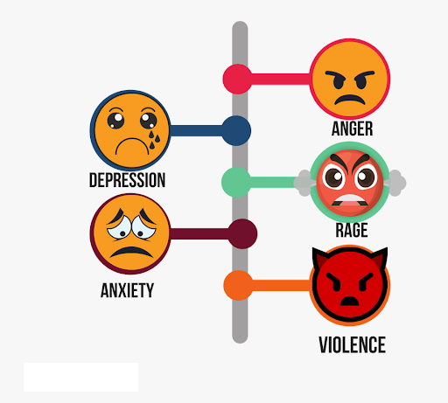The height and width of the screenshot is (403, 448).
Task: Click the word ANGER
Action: pos(352,129)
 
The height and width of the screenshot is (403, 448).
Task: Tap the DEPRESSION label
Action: pos(127,180)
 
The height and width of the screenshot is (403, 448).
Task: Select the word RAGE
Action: pos(352,230)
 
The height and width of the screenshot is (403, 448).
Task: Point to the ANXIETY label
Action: pos(127,290)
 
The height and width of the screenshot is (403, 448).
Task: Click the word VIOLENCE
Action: pos(352,344)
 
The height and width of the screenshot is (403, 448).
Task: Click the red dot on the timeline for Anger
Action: pos(237,79)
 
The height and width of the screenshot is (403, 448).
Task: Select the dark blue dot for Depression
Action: pos(236,130)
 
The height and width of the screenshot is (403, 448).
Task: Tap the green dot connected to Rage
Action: pos(236,182)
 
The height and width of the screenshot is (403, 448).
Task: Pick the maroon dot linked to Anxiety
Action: pos(242,233)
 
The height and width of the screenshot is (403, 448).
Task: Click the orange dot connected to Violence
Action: pos(238,285)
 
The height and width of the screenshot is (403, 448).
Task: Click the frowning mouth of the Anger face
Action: pos(350,100)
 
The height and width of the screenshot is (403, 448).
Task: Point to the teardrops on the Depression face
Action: pos(154,140)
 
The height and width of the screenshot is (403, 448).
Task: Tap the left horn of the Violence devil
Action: pos(319,257)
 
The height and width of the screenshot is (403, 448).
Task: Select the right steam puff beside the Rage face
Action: pos(395,183)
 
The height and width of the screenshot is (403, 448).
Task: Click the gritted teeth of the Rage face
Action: pos(349,199)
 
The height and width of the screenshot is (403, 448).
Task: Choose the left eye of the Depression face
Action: pos(115,121)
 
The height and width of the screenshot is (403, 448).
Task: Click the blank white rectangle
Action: pos(80,377)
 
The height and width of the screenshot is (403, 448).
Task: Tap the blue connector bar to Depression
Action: pos(197,130)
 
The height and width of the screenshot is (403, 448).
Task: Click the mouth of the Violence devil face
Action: pos(350,301)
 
